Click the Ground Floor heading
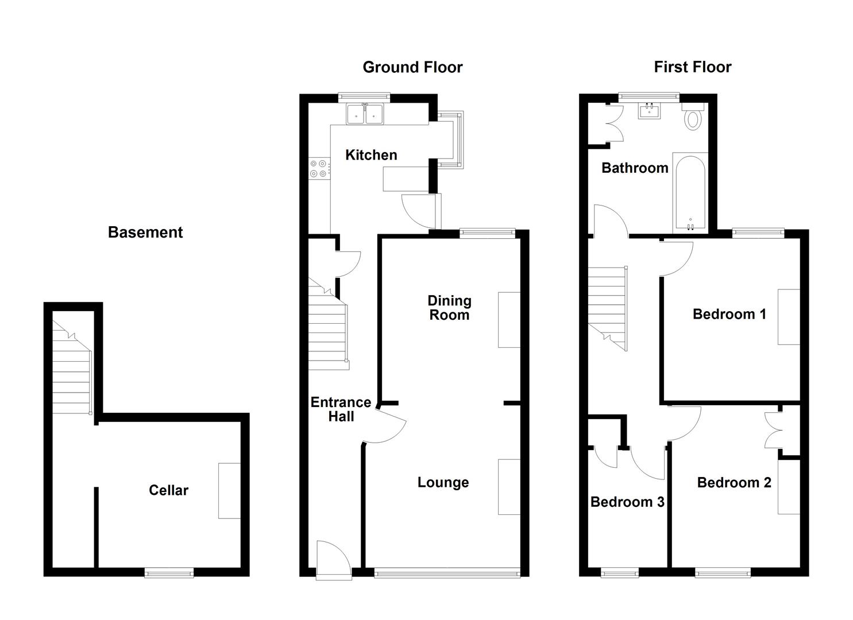[412, 68]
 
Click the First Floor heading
[692, 67]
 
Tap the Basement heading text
[145, 232]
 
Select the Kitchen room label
[371, 155]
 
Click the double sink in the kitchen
[365, 113]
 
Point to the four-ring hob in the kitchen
[319, 168]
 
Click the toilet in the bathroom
[693, 118]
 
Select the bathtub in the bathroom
[689, 192]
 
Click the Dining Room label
[449, 308]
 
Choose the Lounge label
[443, 483]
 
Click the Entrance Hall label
[341, 409]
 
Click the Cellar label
[168, 490]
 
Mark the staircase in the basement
[72, 367]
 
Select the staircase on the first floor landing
[608, 307]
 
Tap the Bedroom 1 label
[729, 314]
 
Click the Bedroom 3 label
[627, 502]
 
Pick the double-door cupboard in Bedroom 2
[773, 432]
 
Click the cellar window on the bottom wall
[168, 572]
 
